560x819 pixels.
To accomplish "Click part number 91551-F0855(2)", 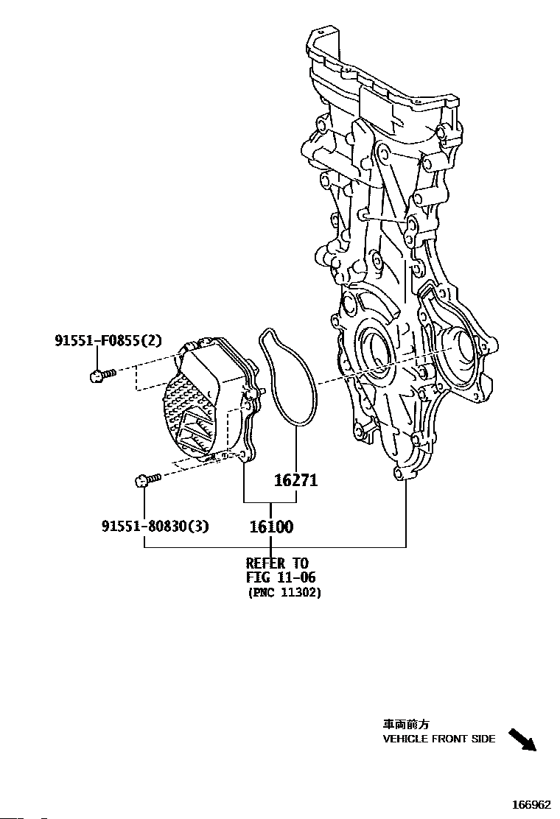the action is (108, 340).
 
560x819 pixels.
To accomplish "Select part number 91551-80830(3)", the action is (155, 525).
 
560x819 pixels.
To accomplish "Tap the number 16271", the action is (296, 480).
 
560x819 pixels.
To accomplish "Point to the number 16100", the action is (271, 527).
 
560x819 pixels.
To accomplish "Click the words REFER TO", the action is (277, 563).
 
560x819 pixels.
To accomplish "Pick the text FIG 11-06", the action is (281, 577).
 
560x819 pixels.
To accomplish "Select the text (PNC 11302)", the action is (284, 593).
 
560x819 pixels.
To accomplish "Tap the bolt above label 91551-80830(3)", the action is (149, 479).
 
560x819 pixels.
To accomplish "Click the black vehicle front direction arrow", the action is (522, 739).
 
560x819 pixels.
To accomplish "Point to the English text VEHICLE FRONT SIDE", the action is (439, 739).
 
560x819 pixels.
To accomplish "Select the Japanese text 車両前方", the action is (406, 725).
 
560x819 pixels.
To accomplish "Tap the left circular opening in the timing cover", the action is (373, 351).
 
